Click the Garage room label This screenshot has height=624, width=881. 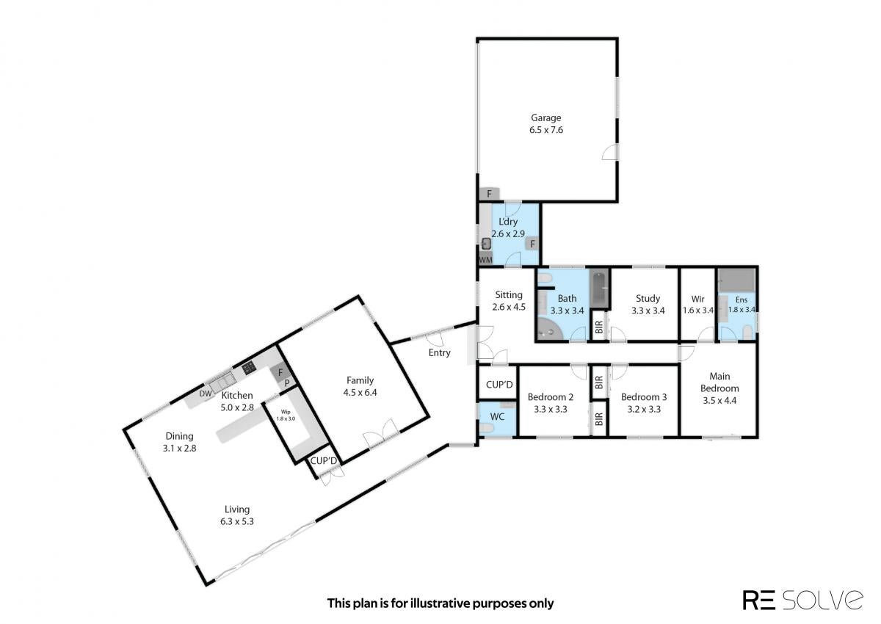(x=546, y=117)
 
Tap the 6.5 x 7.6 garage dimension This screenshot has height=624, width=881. (x=546, y=130)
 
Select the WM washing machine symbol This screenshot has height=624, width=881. (x=485, y=259)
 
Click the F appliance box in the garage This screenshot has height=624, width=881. (x=489, y=194)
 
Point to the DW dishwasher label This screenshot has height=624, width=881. (x=206, y=393)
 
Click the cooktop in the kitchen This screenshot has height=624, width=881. (x=249, y=368)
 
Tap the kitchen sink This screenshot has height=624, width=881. (x=222, y=382)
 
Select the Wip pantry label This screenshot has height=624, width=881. (x=286, y=412)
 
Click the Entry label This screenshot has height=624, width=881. (x=439, y=352)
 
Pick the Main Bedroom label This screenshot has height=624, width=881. (x=719, y=382)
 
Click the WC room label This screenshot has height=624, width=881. (x=497, y=416)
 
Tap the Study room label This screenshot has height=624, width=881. (x=648, y=299)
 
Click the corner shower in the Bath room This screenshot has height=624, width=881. (x=549, y=329)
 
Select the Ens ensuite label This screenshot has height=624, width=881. (x=742, y=300)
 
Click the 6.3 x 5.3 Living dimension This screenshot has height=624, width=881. (x=236, y=521)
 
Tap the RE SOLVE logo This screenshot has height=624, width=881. (x=802, y=600)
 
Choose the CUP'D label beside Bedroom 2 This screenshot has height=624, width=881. (x=499, y=384)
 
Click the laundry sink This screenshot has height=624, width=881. (x=487, y=244)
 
